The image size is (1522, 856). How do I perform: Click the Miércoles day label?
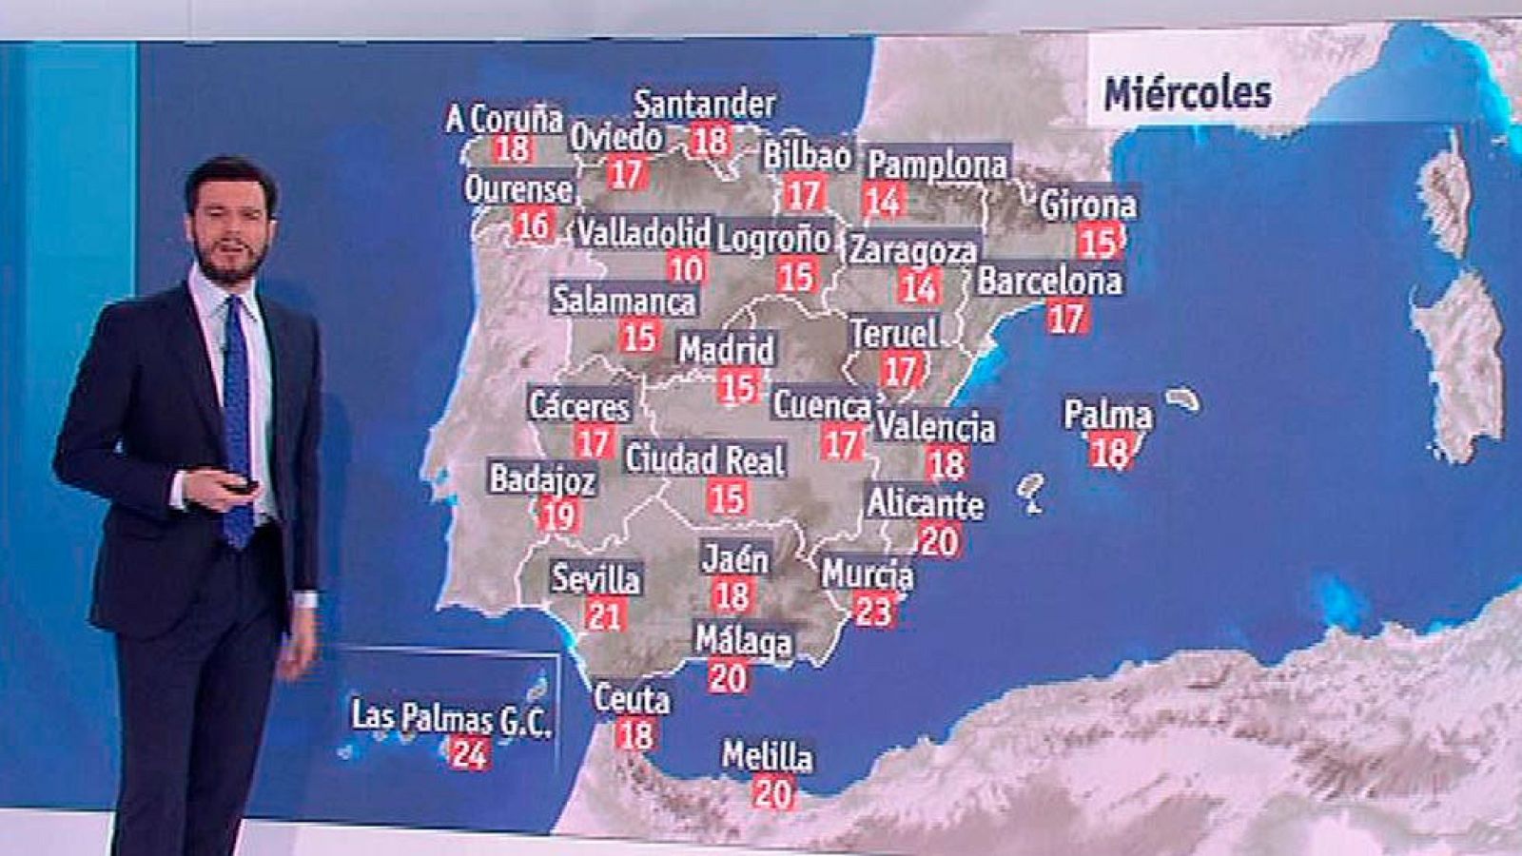(x=1186, y=93)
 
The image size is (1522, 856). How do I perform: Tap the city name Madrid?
(x=727, y=349)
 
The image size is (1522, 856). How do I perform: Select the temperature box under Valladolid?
(x=685, y=269)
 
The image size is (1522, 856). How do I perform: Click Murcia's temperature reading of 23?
(x=872, y=610)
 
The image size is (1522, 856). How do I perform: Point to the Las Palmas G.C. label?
(x=451, y=718)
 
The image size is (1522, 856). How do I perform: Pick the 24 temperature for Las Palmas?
(x=469, y=752)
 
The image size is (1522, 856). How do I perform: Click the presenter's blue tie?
(x=237, y=418)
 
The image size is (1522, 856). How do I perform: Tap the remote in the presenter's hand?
(x=241, y=487)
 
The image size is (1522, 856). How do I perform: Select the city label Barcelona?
(x=1049, y=282)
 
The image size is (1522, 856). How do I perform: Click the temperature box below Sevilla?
(x=603, y=614)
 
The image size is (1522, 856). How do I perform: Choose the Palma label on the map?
(x=1108, y=416)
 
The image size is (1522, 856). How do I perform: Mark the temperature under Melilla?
(x=771, y=791)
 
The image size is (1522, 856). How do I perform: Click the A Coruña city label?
(x=504, y=119)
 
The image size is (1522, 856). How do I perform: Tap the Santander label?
(x=705, y=103)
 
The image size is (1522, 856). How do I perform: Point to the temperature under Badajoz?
(x=558, y=516)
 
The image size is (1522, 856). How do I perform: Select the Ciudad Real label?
(x=705, y=459)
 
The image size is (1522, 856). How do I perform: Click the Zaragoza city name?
(x=912, y=250)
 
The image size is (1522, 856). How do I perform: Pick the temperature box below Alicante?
(x=939, y=540)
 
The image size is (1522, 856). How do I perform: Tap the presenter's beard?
(x=229, y=263)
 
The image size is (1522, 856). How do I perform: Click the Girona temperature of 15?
(x=1098, y=242)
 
